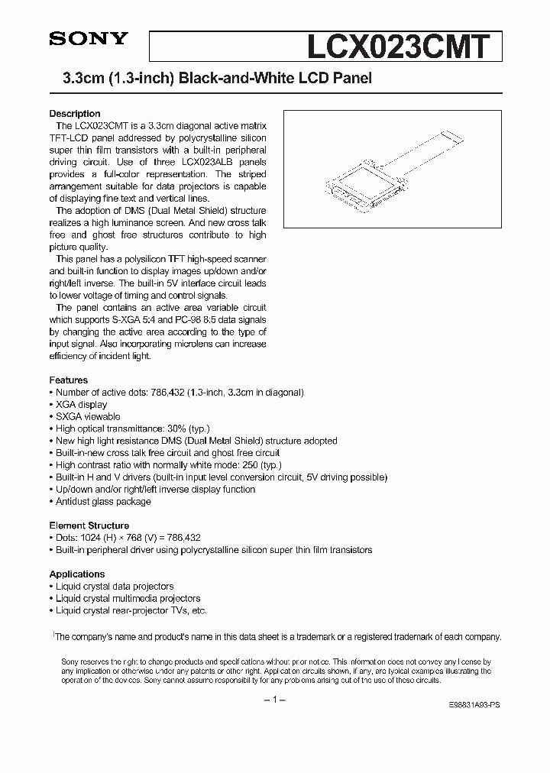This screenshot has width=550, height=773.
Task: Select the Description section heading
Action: [75, 114]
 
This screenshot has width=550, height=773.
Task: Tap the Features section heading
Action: [69, 380]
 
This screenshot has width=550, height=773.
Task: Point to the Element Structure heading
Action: [89, 526]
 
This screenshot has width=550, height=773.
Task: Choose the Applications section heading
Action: [77, 574]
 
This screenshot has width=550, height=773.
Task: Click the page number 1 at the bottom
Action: [274, 700]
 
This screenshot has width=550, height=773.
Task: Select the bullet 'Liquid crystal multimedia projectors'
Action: [128, 598]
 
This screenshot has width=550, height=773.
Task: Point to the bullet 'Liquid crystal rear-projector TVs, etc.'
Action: [131, 610]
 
